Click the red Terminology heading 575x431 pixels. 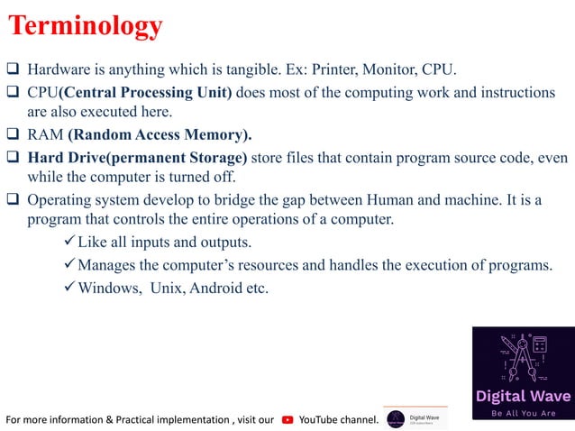point(87,26)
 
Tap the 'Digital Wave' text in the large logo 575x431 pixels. point(523,396)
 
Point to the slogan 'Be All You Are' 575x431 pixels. point(523,414)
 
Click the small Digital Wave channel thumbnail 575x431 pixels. point(415,418)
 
